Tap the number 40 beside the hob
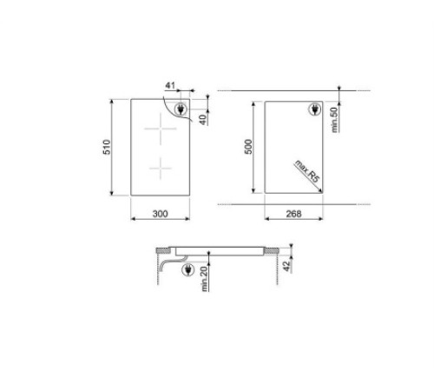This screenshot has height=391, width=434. tap(202, 117)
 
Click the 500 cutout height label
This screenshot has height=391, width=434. tap(247, 148)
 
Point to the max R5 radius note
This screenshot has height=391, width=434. tap(306, 171)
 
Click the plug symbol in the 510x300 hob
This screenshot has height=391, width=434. tap(180, 109)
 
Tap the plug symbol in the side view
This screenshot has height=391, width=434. tap(188, 272)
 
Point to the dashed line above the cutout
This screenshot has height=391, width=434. tap(286, 90)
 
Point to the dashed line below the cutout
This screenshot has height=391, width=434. tap(286, 202)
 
